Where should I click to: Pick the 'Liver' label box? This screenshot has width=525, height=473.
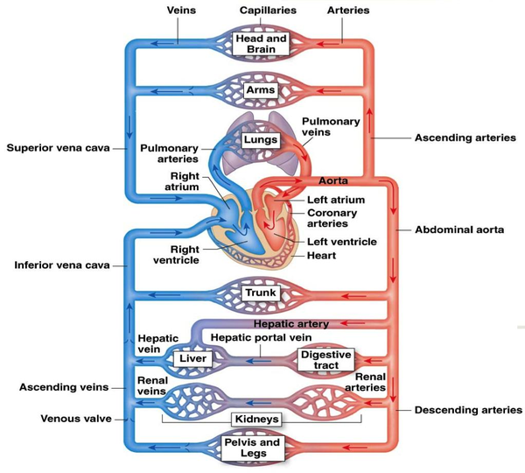(x=191, y=358)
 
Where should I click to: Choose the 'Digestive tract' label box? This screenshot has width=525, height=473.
(x=320, y=359)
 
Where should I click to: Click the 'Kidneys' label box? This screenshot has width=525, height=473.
(x=260, y=419)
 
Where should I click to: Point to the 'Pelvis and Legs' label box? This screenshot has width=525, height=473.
(x=260, y=448)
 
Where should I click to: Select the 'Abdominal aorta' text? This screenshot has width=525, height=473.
(x=460, y=229)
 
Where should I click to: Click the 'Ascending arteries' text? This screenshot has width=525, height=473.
(x=465, y=138)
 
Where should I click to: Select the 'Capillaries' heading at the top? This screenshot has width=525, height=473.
(x=268, y=11)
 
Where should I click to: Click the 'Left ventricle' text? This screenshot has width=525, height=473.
(x=342, y=242)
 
